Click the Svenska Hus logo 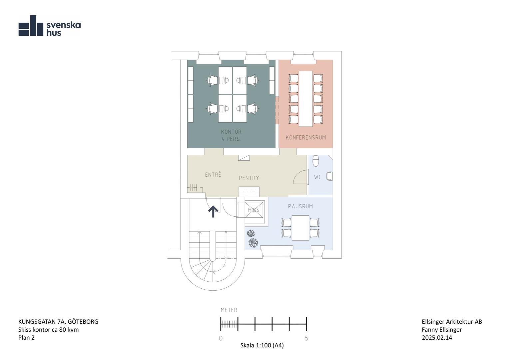(x=49, y=26)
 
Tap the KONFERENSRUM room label (x=305, y=138)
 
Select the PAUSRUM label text (x=300, y=206)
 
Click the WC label (x=318, y=177)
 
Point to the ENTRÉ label (x=213, y=174)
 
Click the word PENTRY (x=249, y=178)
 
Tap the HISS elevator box (x=254, y=210)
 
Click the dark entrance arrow (x=213, y=211)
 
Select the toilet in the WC (x=315, y=161)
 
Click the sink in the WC (x=329, y=176)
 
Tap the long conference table (x=305, y=99)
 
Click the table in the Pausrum (x=300, y=228)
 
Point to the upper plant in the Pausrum (x=251, y=233)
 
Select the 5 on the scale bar (x=306, y=338)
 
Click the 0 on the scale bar (x=221, y=338)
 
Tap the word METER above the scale (x=229, y=310)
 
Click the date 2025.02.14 (x=437, y=338)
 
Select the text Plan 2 (x=26, y=338)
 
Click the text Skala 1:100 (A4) (x=262, y=345)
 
